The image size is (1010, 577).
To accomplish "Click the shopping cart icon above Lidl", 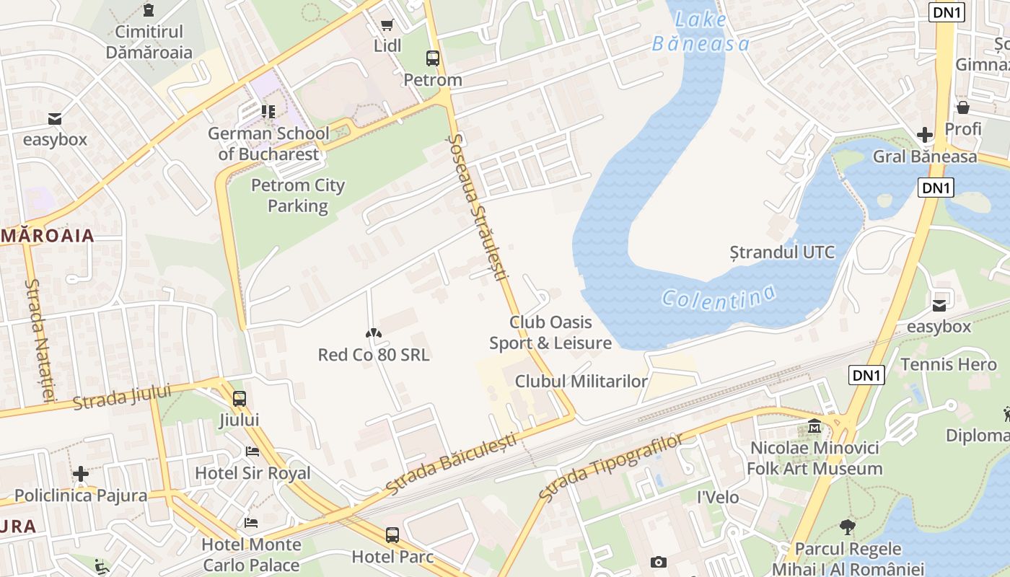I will point(387,25).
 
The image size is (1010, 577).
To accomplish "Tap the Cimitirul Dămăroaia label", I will point(149,42).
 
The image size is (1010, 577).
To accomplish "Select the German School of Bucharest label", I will point(268,144).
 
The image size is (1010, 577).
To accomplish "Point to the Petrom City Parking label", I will point(298,195).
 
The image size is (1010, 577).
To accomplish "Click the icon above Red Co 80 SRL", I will point(374,333).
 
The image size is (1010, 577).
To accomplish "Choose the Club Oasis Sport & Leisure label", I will point(550,332).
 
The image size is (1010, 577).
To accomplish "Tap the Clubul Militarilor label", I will point(581,381).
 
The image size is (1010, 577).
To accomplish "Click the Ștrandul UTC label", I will point(782,252).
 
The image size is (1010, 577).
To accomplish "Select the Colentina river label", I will point(719,296).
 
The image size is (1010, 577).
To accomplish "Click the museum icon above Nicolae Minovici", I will point(815,426).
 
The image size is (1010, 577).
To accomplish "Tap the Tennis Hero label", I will point(948,364).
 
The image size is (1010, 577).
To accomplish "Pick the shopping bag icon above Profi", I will point(962,107).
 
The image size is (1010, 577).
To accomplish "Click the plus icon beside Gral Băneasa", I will point(925,135).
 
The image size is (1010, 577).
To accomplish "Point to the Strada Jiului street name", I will point(122,397).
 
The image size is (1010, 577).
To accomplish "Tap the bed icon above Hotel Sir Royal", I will point(252,452).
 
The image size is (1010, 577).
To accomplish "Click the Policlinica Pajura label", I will point(81,495).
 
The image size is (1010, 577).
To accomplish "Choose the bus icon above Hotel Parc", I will point(392,535).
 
